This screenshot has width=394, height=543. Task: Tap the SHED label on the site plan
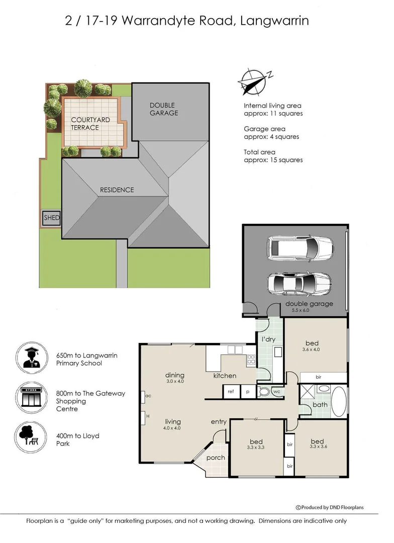point(51,218)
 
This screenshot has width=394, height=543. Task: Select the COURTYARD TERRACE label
point(91,124)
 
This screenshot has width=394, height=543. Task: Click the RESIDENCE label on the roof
point(117,190)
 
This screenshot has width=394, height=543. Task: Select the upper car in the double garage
point(300,248)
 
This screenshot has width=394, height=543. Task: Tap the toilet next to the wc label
point(264,392)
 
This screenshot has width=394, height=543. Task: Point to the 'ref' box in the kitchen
point(231,391)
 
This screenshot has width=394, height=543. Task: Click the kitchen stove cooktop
point(251,359)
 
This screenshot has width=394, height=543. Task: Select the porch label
point(216,458)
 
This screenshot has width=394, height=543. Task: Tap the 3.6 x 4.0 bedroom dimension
point(311,349)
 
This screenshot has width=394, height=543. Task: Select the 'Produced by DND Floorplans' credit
point(336,507)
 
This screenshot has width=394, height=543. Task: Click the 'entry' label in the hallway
point(219,421)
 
